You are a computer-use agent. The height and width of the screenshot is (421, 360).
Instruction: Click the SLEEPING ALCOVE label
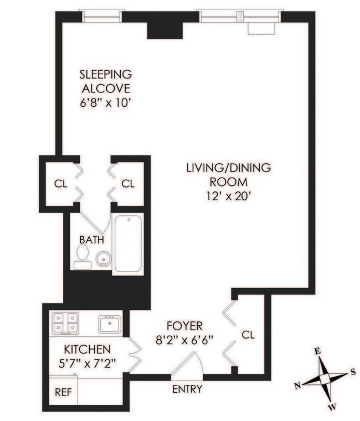[x=106, y=81]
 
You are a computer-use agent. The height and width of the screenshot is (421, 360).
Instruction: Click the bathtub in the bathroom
[x=128, y=243]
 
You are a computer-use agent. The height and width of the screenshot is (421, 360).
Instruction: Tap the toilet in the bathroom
[x=83, y=257]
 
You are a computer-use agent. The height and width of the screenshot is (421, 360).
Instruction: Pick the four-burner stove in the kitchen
[x=65, y=323]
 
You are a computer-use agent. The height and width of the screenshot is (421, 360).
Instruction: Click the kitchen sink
[x=110, y=324]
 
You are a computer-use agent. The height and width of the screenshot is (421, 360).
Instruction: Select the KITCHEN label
[x=87, y=350]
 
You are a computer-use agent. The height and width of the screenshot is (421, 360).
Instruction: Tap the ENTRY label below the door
[x=187, y=389]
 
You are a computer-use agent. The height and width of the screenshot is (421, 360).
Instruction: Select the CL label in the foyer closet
[x=249, y=335]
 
